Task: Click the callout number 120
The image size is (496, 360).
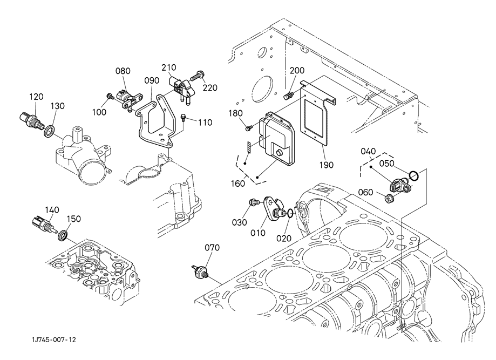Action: coord(36,97)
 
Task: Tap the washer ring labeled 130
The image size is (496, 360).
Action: coord(49,131)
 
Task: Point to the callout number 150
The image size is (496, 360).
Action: coord(74,219)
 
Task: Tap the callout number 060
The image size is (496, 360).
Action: coord(365,192)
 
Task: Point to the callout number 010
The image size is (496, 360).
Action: coord(258,233)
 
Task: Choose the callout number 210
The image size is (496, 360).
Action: coord(168,67)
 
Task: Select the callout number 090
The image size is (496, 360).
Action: coord(152,80)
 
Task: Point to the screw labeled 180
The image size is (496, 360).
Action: coord(249,128)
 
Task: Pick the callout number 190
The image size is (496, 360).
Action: coord(327,165)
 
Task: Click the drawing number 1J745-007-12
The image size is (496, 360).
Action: coord(54,339)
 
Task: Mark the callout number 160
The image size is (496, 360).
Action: coord(237,183)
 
